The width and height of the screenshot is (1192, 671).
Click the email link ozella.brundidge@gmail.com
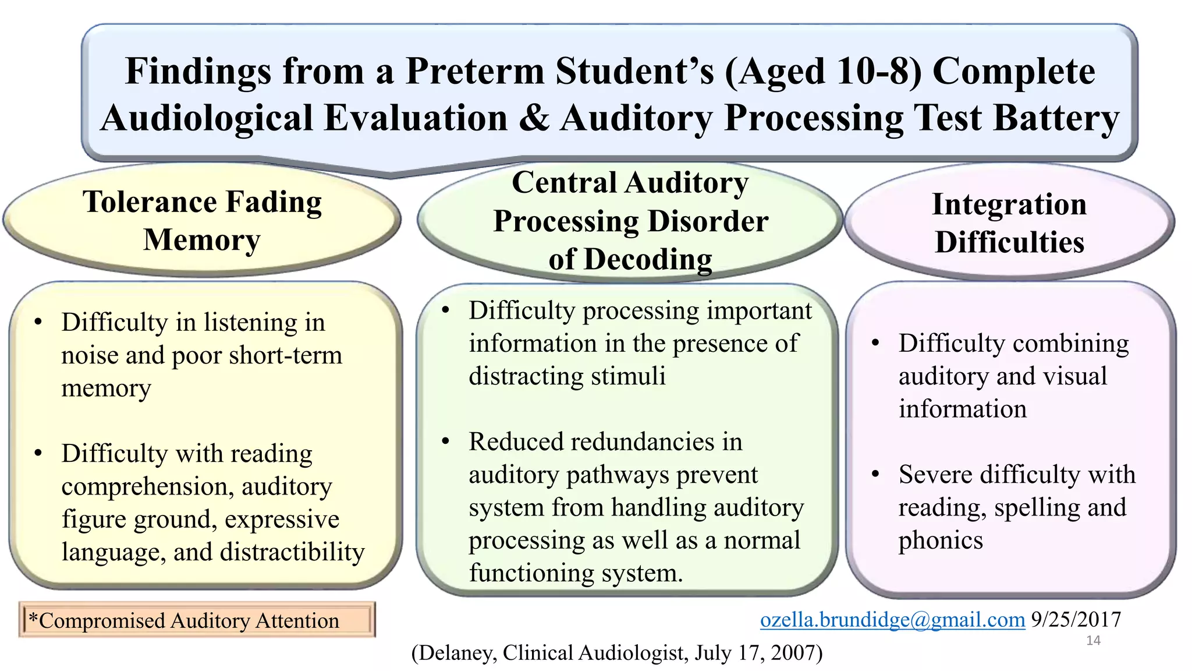[892, 620]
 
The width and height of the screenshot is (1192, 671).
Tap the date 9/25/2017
[1076, 620]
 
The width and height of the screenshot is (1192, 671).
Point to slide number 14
[1093, 641]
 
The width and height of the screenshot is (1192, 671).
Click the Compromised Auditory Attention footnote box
[197, 620]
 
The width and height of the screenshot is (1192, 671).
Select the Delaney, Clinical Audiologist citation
[616, 653]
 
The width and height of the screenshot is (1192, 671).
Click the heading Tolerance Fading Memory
[202, 221]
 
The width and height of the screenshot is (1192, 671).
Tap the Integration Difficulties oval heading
[1009, 223]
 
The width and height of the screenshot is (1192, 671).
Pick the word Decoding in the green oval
[648, 259]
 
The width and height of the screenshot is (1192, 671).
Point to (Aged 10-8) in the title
[823, 71]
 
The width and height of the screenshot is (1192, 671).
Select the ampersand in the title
[534, 118]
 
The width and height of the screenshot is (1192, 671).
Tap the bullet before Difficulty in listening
[38, 322]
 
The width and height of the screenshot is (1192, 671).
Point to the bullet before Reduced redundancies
[446, 442]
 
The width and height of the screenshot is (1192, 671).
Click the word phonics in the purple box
[941, 541]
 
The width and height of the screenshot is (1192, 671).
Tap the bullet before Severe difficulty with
[875, 475]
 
